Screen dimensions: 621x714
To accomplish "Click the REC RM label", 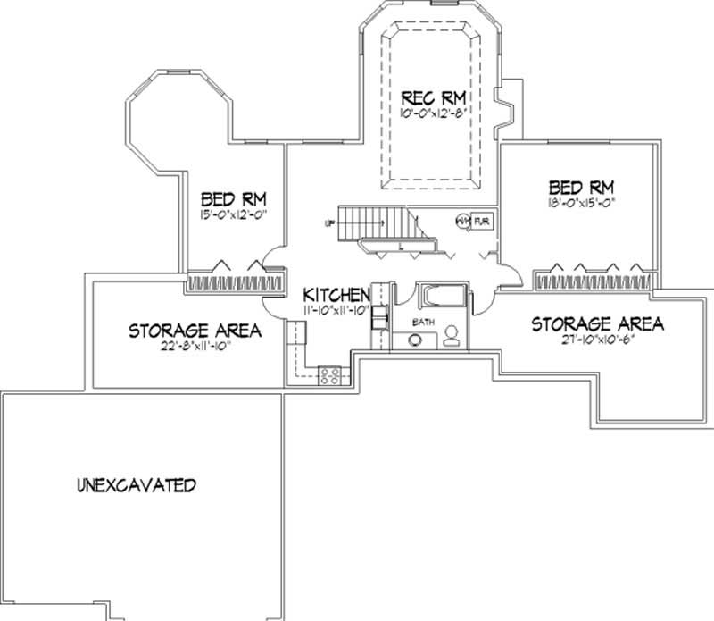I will [x=436, y=97].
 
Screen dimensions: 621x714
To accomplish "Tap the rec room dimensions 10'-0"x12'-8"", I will [x=436, y=113].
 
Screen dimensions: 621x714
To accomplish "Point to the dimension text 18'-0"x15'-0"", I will [x=582, y=203].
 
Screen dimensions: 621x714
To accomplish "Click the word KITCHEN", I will [x=336, y=295].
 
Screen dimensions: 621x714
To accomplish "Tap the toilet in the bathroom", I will [x=452, y=336].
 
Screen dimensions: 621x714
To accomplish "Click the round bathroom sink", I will [x=416, y=340].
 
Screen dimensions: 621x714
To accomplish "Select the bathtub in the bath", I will [x=444, y=296].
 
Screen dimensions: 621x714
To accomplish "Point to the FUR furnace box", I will [x=482, y=221].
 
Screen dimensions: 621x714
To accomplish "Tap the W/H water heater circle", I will [x=463, y=221].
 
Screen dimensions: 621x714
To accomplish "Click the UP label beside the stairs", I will [x=329, y=223].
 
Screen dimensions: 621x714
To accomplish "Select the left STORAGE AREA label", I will [x=195, y=331].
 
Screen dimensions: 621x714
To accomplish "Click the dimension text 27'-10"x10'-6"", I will [x=597, y=340].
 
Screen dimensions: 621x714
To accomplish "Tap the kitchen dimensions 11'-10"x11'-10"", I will [x=336, y=310].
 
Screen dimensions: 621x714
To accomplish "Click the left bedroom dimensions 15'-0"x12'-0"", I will [x=234, y=214].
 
